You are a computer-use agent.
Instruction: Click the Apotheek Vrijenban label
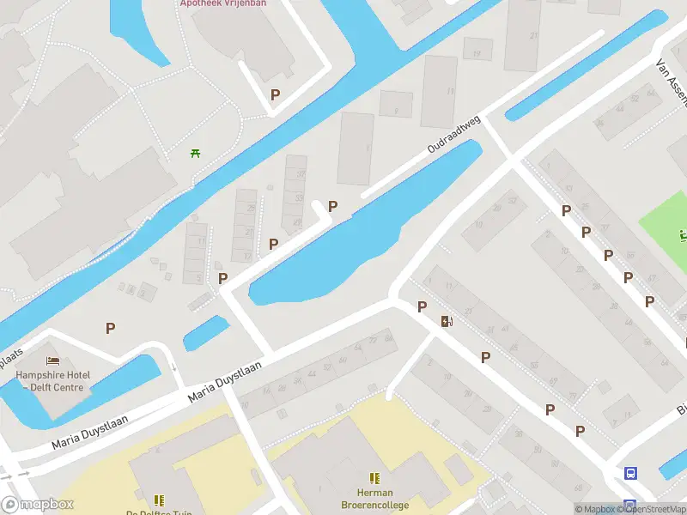tap(223, 3)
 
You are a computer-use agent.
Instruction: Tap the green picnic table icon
tap(196, 154)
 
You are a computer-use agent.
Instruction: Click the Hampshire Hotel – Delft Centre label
tap(52, 380)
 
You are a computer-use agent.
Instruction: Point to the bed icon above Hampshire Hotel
tap(52, 360)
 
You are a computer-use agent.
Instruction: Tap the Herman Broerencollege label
tap(374, 499)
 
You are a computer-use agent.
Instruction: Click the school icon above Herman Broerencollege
tap(374, 478)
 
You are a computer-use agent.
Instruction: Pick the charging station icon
tap(447, 322)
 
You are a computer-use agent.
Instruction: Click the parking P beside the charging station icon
tap(422, 307)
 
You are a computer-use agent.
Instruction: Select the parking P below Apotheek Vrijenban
tap(275, 95)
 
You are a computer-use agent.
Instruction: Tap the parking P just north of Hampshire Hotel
tap(110, 328)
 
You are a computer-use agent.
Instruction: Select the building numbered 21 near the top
tap(533, 35)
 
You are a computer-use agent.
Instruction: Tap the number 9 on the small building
tap(396, 110)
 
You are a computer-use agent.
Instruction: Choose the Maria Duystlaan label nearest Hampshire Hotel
tap(89, 432)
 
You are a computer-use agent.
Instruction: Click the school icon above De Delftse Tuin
tap(159, 500)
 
